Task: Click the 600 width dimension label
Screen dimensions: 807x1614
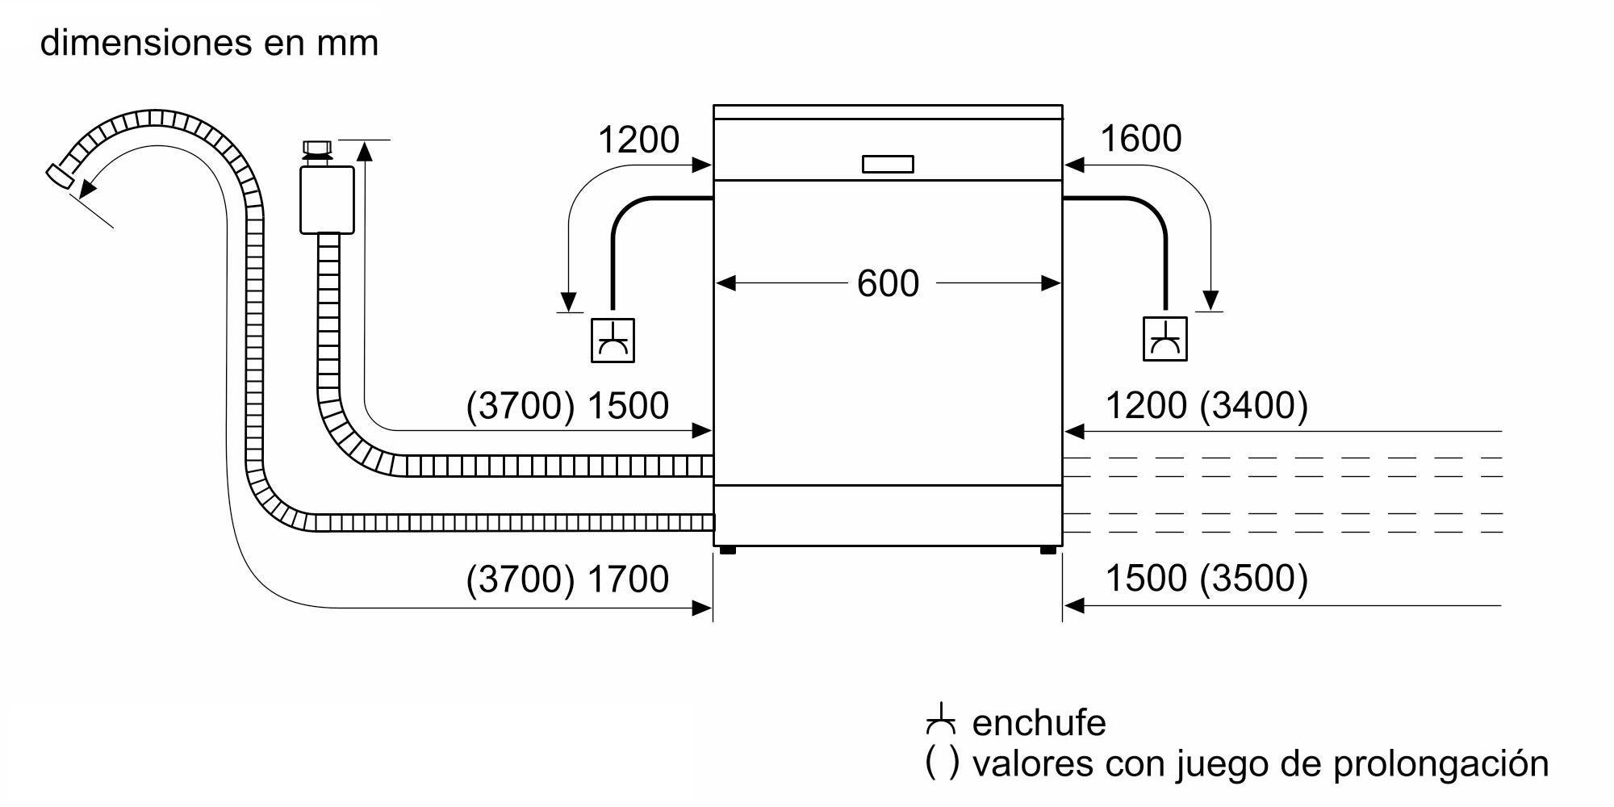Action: [x=888, y=284]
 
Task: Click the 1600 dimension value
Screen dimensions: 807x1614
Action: [x=1140, y=139]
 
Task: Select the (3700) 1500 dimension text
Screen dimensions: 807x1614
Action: [x=567, y=405]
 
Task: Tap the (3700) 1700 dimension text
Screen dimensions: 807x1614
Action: [x=567, y=579]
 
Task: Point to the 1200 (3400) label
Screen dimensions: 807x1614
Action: [x=1206, y=405]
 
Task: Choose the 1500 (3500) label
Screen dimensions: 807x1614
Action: [x=1206, y=579]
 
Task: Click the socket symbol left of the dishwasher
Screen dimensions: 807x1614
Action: [x=613, y=340]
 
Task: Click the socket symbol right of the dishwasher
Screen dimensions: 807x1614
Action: [x=1165, y=339]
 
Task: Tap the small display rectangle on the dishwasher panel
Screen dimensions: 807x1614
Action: [x=888, y=164]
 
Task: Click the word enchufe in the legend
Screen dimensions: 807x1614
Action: [x=1039, y=722]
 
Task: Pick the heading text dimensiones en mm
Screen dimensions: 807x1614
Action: [x=209, y=42]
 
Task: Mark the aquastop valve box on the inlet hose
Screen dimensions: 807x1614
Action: [x=327, y=200]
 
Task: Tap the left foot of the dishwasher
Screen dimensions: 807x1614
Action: [x=726, y=550]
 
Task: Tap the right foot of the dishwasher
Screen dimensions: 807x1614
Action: [x=1047, y=550]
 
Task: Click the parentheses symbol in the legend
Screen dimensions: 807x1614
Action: [x=943, y=763]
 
